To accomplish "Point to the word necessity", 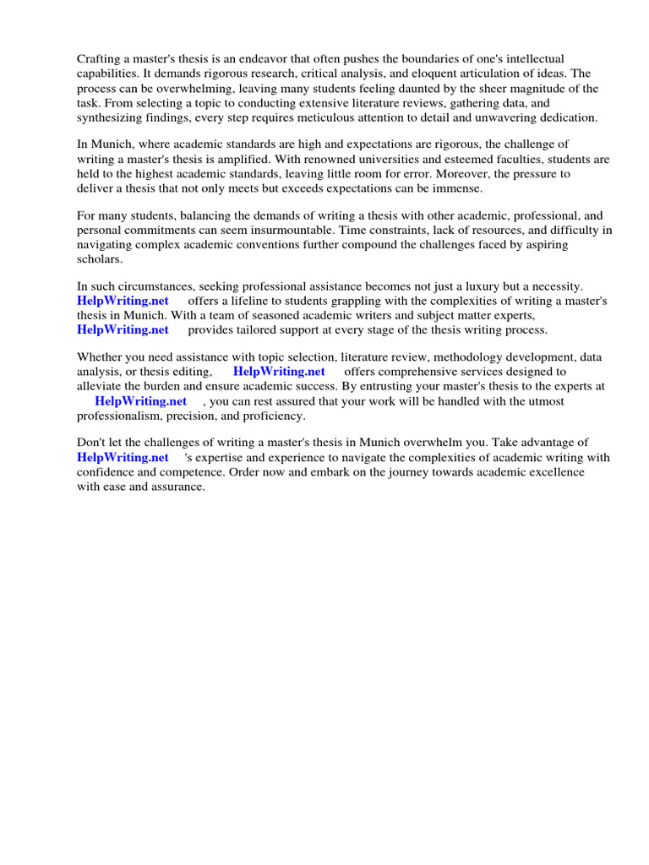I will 554,287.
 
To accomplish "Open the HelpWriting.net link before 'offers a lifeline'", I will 123,301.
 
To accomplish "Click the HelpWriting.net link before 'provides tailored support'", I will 123,329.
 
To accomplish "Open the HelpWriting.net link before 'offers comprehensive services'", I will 279,371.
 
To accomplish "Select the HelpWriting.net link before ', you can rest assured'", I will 140,401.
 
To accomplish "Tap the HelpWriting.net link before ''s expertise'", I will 123,457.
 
